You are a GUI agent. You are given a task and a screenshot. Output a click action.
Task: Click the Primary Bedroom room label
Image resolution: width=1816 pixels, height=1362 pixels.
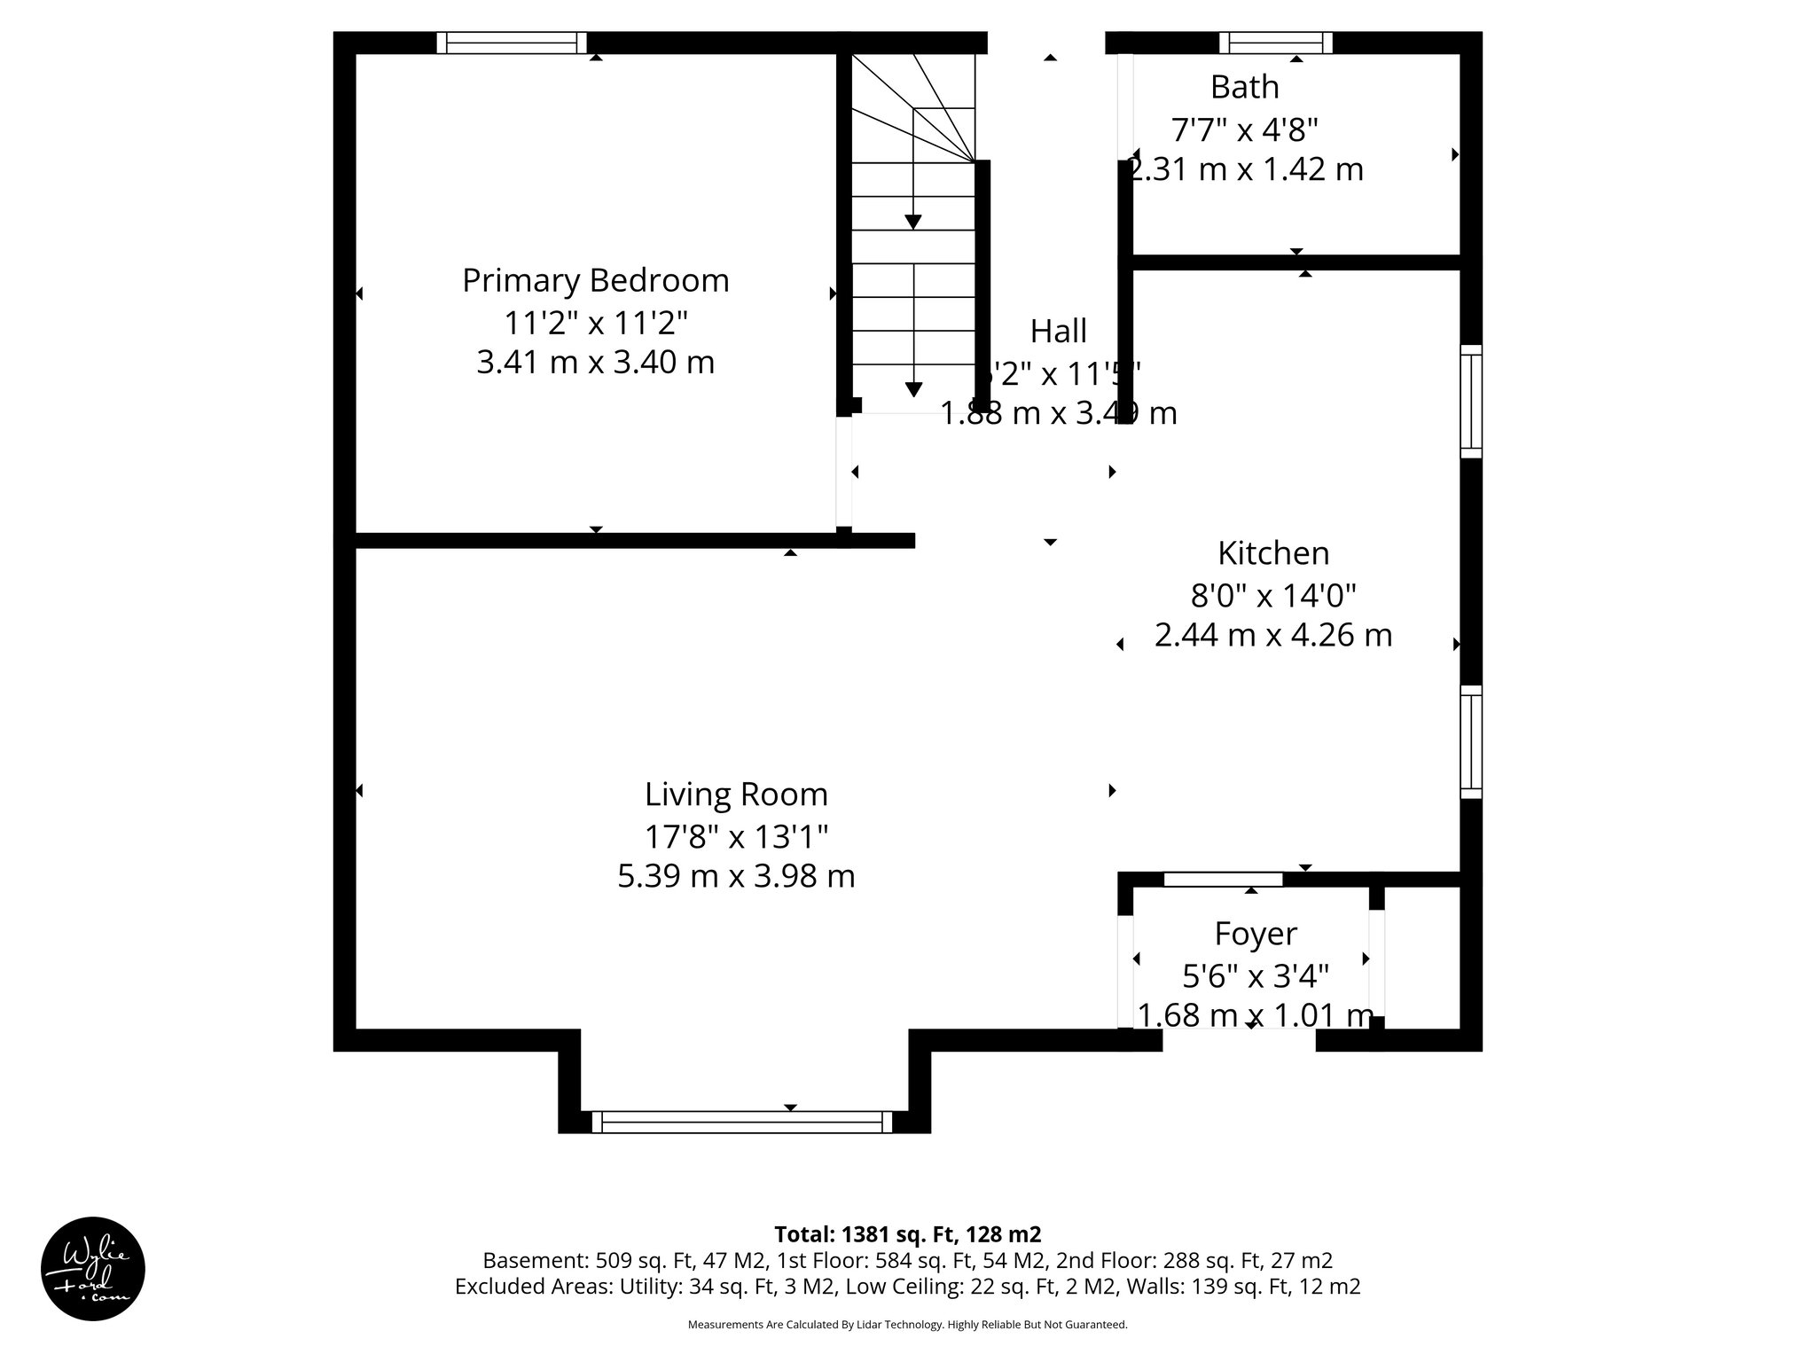[x=595, y=280]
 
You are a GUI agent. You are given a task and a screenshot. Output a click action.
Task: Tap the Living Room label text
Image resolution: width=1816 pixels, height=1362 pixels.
[x=736, y=794]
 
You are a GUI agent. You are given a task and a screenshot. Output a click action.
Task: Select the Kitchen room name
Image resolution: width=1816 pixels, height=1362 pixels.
[x=1273, y=553]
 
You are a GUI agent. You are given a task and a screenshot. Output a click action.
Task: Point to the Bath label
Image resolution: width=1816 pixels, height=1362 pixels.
[x=1245, y=87]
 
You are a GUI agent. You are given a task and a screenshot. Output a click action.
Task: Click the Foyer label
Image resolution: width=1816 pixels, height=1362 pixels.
[x=1256, y=934]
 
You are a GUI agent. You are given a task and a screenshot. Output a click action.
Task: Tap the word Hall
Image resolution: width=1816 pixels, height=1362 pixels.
[x=1058, y=332]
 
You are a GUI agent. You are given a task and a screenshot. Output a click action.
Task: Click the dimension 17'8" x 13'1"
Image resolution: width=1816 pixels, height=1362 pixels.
[x=736, y=836]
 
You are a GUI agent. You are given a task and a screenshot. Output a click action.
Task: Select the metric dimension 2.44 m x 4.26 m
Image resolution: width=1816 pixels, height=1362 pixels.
[x=1273, y=635]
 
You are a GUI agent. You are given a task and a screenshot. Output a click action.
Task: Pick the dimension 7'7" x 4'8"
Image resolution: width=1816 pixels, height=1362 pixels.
[x=1245, y=130]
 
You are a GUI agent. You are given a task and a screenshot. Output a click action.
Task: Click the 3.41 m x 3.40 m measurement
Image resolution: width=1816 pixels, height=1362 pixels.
[x=595, y=362]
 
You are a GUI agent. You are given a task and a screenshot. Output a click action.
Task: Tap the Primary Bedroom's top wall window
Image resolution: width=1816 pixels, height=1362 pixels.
[x=512, y=43]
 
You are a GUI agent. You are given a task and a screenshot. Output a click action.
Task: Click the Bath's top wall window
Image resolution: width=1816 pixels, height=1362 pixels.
[x=1275, y=43]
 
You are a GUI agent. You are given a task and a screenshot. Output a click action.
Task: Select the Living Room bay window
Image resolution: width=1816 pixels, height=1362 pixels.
[x=743, y=1122]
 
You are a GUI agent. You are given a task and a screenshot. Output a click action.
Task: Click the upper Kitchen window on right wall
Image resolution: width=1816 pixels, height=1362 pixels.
[x=1471, y=402]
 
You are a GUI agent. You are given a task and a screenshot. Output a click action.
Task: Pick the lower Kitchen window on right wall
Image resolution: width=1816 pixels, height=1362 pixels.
[x=1471, y=742]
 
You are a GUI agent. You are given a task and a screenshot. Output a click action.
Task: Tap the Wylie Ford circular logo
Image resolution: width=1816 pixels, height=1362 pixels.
[x=93, y=1269]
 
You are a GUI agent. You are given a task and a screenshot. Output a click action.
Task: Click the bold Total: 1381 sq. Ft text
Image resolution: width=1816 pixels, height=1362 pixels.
[x=907, y=1234]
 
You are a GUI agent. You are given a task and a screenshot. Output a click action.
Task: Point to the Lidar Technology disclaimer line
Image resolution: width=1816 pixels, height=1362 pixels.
[x=907, y=1325]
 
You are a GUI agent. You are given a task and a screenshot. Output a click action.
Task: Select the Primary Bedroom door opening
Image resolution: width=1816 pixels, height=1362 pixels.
[x=844, y=472]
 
